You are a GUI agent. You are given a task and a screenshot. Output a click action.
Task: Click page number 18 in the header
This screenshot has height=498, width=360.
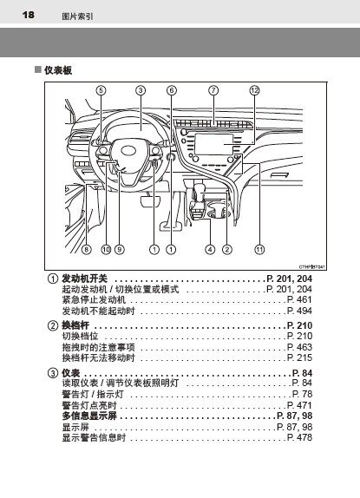[29, 15]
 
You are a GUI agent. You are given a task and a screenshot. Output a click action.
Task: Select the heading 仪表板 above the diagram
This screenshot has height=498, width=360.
[58, 70]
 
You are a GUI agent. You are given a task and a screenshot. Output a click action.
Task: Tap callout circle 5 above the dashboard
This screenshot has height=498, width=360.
[101, 90]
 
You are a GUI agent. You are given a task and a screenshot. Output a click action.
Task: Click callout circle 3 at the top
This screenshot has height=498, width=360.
[141, 90]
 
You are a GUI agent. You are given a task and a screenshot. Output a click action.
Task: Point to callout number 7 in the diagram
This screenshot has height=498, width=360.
[213, 90]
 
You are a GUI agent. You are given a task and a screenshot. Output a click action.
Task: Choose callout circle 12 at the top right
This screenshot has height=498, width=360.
[255, 90]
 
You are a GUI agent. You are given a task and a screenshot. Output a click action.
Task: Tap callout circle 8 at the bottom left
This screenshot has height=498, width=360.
[87, 250]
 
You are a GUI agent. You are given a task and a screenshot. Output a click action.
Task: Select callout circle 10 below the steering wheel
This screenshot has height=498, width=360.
[106, 250]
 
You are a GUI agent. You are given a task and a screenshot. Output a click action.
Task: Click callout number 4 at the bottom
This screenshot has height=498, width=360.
[210, 250]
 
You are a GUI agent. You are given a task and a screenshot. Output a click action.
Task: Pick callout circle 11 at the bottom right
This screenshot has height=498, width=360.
[259, 250]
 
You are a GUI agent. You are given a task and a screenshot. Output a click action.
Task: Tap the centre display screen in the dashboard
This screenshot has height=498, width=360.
[213, 144]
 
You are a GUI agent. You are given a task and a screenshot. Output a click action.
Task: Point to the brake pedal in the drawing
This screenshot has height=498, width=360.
[149, 201]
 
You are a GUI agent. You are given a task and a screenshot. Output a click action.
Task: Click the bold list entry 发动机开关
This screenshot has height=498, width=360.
[84, 278]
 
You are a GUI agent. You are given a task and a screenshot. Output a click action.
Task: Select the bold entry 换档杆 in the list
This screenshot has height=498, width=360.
[75, 325]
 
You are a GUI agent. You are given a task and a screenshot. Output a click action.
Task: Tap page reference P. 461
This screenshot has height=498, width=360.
[299, 299]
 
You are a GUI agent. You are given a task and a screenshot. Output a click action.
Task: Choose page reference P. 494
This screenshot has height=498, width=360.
[299, 311]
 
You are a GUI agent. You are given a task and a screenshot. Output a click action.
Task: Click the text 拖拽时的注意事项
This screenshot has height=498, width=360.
[98, 347]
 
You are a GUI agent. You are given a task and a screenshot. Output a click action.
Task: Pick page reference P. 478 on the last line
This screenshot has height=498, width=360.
[299, 437]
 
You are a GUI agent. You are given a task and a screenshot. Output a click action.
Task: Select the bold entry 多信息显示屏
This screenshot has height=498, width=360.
[89, 416]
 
